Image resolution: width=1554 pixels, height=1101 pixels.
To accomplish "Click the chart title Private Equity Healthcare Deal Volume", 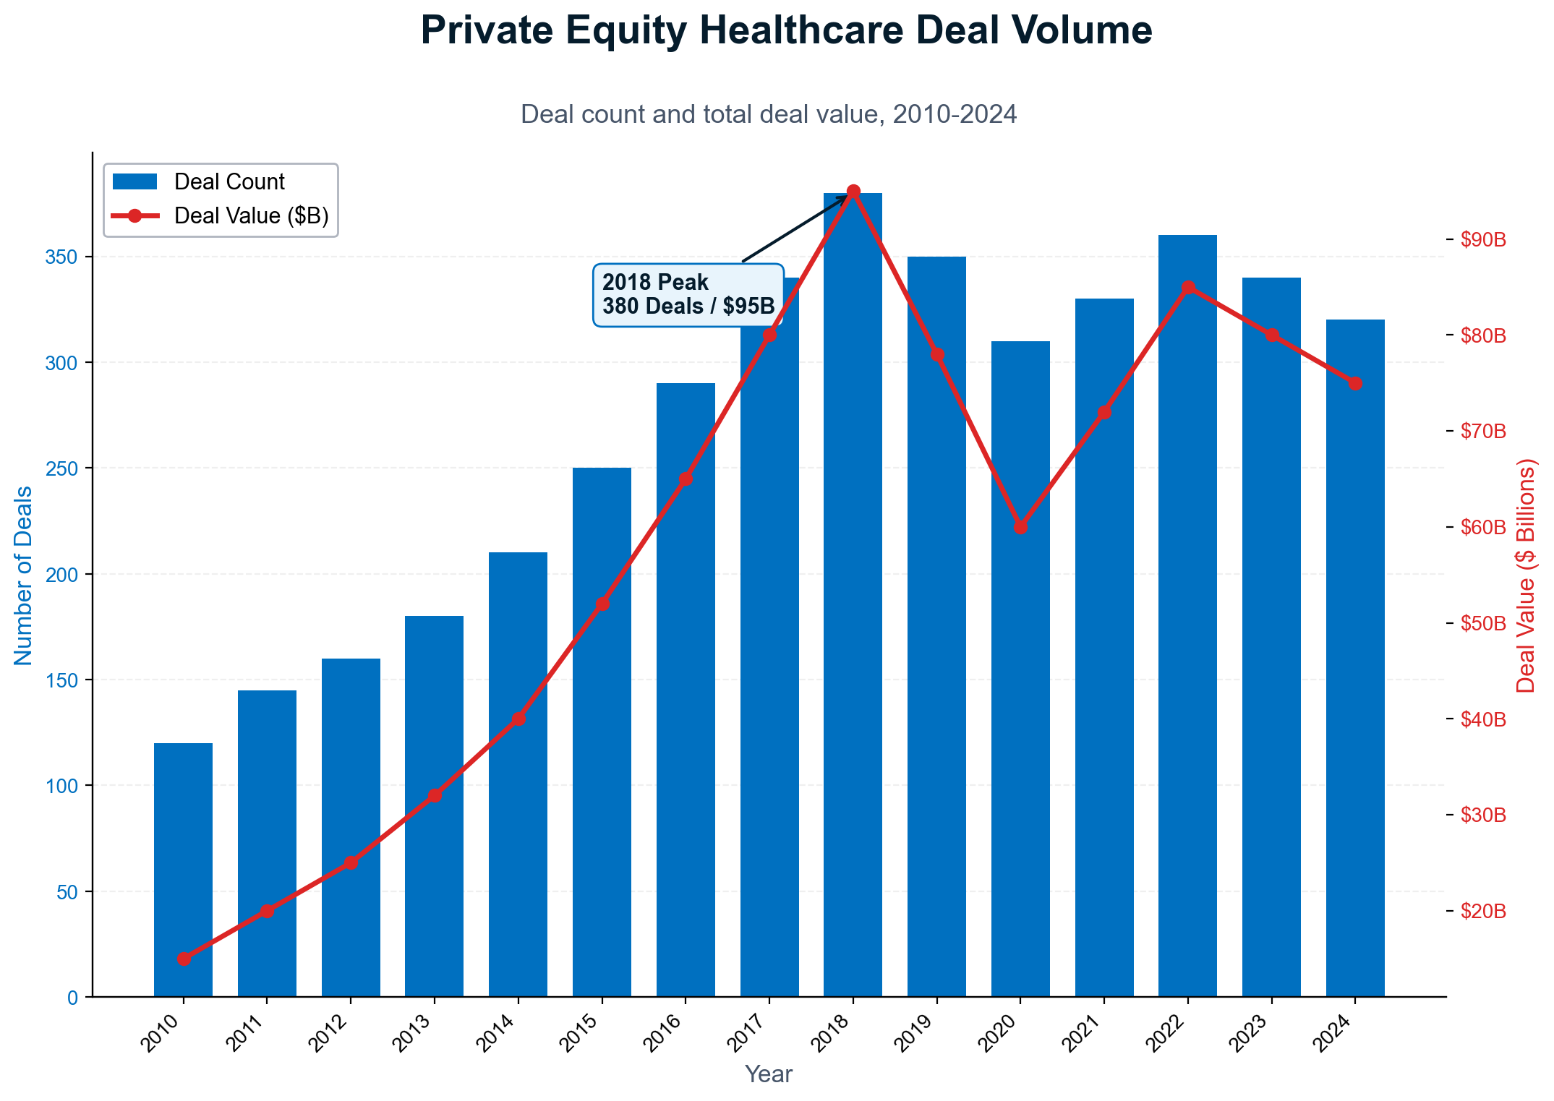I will point(786,31).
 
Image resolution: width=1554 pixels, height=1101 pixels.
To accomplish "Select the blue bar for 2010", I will point(183,867).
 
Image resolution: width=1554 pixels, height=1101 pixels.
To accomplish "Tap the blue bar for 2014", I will point(518,774).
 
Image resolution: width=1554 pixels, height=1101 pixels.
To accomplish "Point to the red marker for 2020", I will point(1020,527).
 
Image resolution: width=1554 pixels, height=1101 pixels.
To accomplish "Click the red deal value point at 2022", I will point(1188,288).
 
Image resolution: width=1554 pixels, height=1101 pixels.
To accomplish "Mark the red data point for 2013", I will point(435,795).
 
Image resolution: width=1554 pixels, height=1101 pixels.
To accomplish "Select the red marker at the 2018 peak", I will point(853,191).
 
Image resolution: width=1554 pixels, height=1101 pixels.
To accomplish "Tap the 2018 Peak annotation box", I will point(688,294).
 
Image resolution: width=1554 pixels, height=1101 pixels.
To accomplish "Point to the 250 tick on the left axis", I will point(64,468).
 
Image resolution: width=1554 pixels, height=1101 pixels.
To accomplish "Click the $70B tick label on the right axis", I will point(1482,432).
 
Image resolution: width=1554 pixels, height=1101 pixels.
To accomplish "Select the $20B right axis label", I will point(1482,911).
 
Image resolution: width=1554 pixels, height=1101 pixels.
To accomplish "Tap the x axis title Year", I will point(769,1074).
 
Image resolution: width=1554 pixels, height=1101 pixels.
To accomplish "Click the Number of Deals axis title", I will point(23,575).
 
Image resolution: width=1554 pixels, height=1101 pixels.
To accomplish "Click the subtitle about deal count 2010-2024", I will point(769,114).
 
